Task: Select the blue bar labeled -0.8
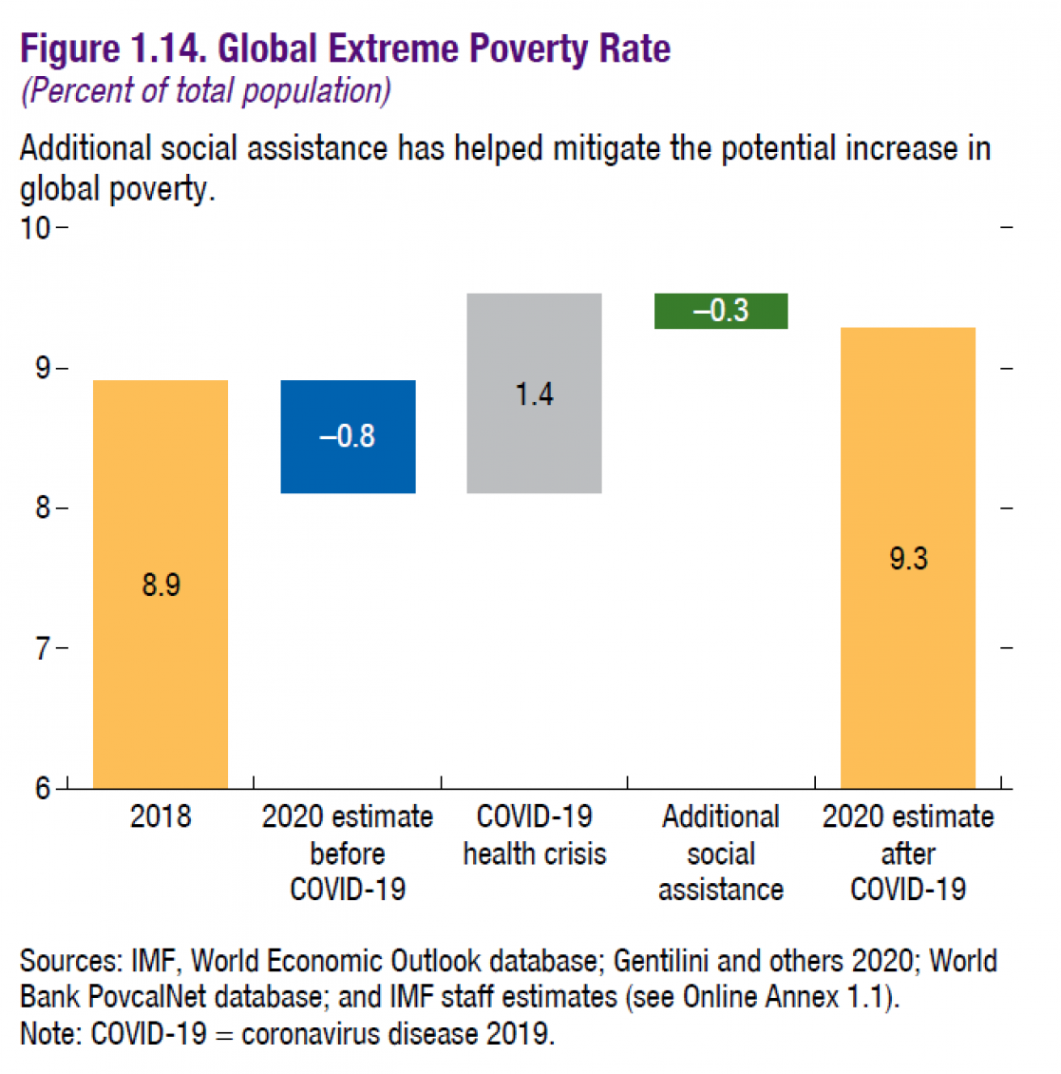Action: [348, 466]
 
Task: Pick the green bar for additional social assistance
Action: [721, 311]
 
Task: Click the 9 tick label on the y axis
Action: [43, 368]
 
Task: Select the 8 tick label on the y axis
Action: [43, 508]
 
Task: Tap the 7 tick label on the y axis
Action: [43, 648]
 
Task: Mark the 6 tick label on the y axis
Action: [43, 788]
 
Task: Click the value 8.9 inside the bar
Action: [161, 585]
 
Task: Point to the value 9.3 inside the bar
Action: [908, 558]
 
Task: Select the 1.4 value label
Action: [534, 393]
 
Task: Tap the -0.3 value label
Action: [721, 311]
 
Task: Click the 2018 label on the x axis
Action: [161, 816]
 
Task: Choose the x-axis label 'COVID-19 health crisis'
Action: [534, 834]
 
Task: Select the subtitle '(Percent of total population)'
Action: [205, 91]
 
